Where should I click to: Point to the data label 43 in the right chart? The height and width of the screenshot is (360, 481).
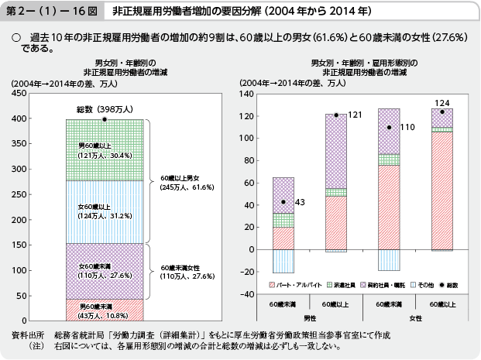[301, 203]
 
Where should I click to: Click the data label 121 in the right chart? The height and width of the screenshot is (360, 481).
[355, 115]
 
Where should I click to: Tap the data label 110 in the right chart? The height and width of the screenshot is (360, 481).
[408, 128]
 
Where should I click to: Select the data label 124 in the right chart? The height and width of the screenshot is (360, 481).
[442, 103]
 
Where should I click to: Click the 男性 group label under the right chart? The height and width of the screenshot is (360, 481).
[309, 317]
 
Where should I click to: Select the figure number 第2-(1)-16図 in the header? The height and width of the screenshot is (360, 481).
[51, 14]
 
